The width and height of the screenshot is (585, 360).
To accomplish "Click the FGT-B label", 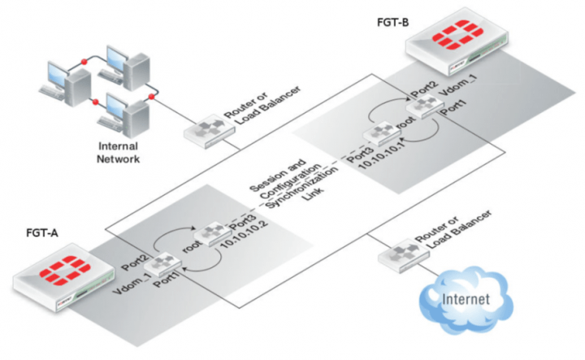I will pos(392,20).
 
